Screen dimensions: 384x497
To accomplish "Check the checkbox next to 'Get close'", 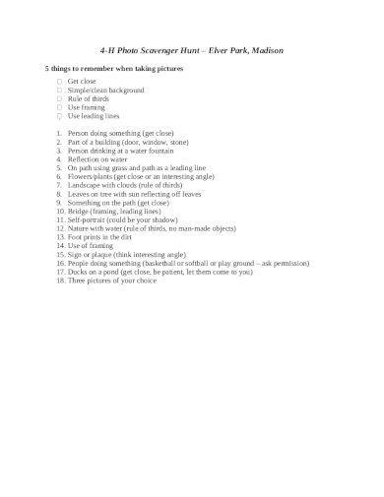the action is [59, 82].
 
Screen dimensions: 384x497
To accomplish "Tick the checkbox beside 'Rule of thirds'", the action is [59, 98].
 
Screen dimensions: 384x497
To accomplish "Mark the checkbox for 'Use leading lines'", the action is [59, 116].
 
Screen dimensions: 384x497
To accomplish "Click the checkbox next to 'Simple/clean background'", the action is [59, 90].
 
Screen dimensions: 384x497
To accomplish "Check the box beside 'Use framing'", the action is [59, 107].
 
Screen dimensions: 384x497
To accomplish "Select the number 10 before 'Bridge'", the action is [60, 211].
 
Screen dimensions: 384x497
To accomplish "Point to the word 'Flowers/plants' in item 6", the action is [90, 176].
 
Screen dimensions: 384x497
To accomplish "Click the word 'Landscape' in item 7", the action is [85, 185].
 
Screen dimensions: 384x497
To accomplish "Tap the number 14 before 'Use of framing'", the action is [60, 246].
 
